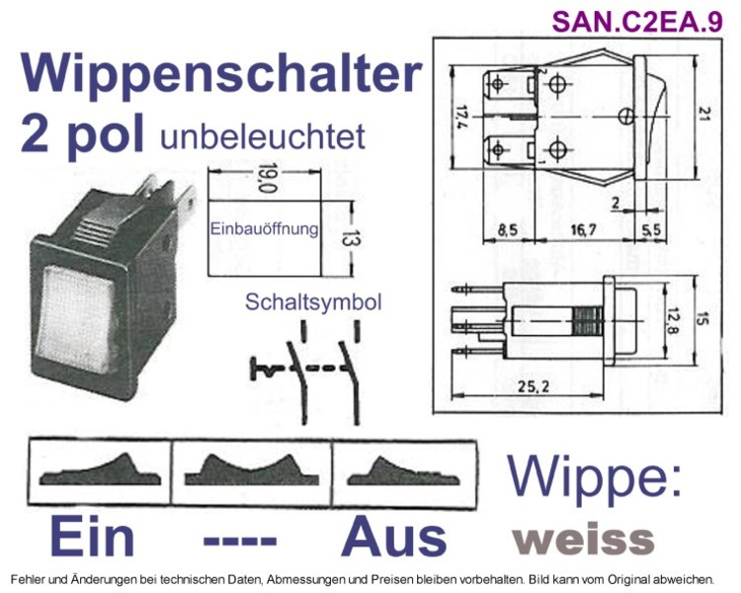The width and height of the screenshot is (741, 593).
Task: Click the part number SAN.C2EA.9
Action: tap(637, 22)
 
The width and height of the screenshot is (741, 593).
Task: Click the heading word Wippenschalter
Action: tap(220, 75)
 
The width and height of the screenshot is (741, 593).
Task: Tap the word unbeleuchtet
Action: tap(263, 136)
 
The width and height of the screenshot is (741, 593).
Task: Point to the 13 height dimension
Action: tap(352, 238)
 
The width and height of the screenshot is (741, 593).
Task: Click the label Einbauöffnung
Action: tap(264, 229)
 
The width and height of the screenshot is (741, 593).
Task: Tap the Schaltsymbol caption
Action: tap(313, 302)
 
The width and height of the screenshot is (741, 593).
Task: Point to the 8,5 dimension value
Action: tap(508, 230)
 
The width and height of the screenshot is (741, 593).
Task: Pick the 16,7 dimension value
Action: tap(583, 230)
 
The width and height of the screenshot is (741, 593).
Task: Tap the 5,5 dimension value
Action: tap(652, 230)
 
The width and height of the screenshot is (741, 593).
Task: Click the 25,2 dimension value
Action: tap(534, 386)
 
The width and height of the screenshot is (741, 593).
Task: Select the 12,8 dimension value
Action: tap(672, 319)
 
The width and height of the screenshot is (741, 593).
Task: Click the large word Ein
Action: tap(93, 538)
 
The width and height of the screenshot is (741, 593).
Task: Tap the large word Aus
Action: tap(394, 538)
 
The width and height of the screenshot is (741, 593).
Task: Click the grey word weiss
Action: tap(584, 539)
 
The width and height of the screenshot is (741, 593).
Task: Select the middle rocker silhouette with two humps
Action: tap(251, 471)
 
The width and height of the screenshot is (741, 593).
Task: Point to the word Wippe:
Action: tap(595, 476)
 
